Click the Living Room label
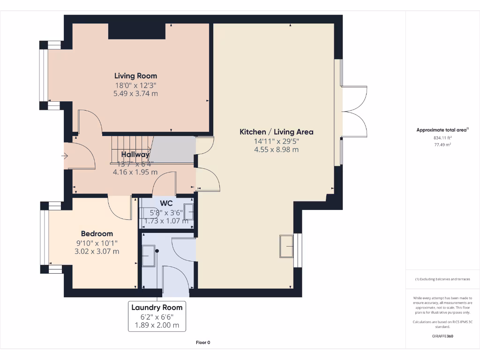[x=135, y=75]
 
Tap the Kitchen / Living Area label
[x=276, y=132]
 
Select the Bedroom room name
[x=97, y=233]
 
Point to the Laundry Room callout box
[x=157, y=316]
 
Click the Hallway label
[x=135, y=154]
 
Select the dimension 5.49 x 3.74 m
[x=135, y=93]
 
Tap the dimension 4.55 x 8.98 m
[x=276, y=150]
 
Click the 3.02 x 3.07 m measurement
[x=97, y=251]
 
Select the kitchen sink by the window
[x=286, y=246]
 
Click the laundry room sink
[x=149, y=255]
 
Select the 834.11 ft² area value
[x=442, y=138]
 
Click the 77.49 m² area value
[x=442, y=145]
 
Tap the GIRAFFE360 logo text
[x=442, y=336]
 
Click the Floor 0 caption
[x=202, y=343]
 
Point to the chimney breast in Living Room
[x=137, y=31]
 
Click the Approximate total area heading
[x=442, y=130]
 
